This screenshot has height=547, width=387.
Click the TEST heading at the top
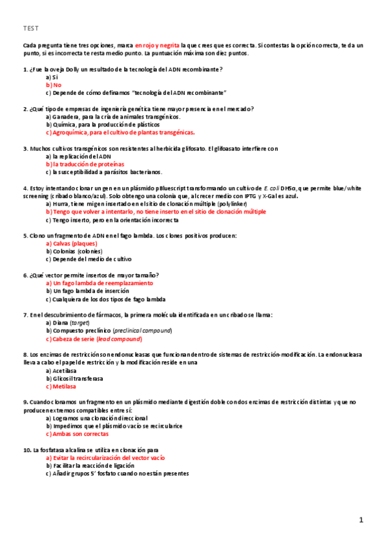click(x=31, y=28)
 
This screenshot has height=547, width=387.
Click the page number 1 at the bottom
click(x=362, y=520)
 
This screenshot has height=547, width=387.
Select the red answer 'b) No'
click(x=54, y=85)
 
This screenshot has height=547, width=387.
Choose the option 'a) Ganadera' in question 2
click(x=64, y=117)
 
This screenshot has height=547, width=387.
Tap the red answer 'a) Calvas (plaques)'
click(x=71, y=244)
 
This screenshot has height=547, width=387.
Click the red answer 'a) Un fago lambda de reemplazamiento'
click(x=99, y=283)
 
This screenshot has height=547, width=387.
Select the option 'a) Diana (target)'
click(x=68, y=323)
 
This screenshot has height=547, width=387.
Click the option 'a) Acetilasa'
click(x=61, y=370)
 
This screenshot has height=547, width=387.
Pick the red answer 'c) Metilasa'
click(x=61, y=386)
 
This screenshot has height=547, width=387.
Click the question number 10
click(x=26, y=450)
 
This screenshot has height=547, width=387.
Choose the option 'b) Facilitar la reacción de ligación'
click(x=90, y=465)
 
